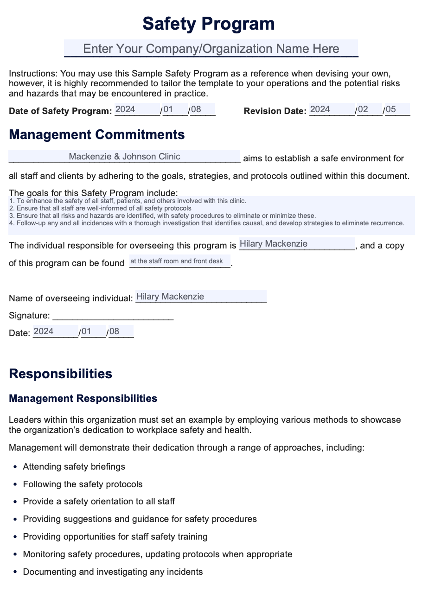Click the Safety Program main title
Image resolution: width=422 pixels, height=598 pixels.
pyautogui.click(x=208, y=24)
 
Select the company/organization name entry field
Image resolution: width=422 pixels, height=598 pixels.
pyautogui.click(x=211, y=49)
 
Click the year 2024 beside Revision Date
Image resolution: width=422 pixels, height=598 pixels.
pyautogui.click(x=320, y=110)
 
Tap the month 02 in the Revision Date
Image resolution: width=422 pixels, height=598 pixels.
pyautogui.click(x=363, y=110)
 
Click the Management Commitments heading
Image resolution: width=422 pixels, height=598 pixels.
pyautogui.click(x=96, y=135)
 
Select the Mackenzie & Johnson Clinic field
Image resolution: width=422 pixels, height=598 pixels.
pyautogui.click(x=124, y=157)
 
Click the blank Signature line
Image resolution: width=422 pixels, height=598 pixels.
pyautogui.click(x=113, y=316)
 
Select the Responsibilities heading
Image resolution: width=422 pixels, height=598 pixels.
pyautogui.click(x=60, y=374)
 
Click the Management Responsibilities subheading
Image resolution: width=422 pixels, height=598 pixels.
pyautogui.click(x=83, y=399)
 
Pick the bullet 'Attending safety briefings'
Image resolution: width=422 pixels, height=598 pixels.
pyautogui.click(x=74, y=467)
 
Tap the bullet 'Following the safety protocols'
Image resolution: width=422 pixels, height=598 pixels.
pyautogui.click(x=83, y=484)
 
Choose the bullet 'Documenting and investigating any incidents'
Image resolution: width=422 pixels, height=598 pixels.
pyautogui.click(x=113, y=572)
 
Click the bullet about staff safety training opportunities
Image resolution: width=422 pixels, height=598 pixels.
pyautogui.click(x=115, y=537)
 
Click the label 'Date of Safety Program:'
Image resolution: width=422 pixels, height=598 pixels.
pyautogui.click(x=60, y=111)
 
